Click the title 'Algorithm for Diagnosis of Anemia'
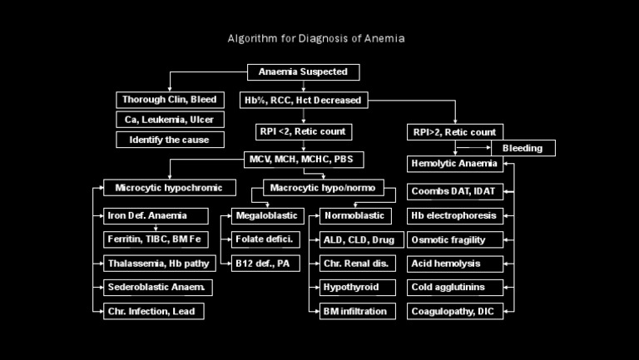317,38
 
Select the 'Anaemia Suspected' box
304,72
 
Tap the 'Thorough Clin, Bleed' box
170,100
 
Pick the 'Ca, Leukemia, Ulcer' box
170,120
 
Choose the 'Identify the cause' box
170,140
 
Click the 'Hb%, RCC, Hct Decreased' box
302,100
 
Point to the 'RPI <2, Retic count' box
303,131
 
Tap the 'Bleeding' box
523,148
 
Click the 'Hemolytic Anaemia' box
454,164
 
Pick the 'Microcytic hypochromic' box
170,188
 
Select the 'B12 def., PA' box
261,264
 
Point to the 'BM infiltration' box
354,312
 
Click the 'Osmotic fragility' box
454,240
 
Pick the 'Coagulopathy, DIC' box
454,312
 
